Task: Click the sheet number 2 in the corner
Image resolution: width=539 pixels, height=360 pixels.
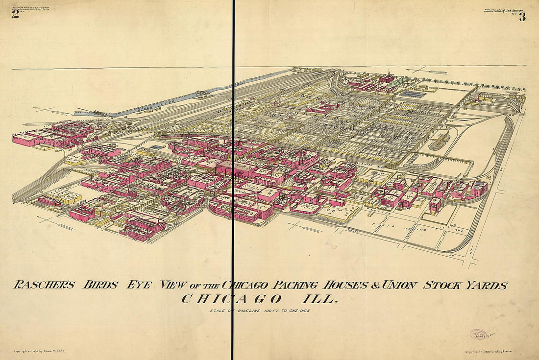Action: coord(16,14)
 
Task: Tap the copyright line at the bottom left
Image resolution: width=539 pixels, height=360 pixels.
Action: coord(39,351)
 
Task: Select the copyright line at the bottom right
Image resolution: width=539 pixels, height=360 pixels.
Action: coord(494,351)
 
